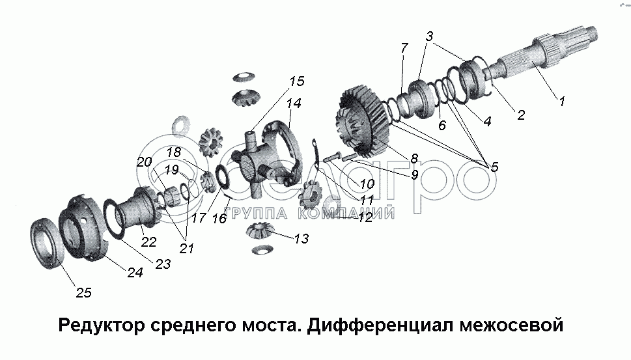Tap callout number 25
click(x=83, y=293)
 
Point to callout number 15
click(x=297, y=81)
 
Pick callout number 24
click(x=135, y=273)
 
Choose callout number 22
click(x=149, y=242)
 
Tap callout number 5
click(x=494, y=167)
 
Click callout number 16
click(x=219, y=219)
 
